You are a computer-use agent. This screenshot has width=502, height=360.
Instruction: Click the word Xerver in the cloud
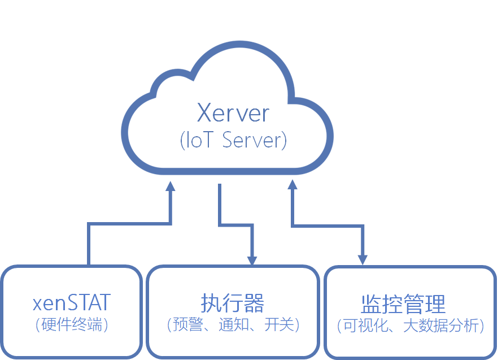[x=233, y=113]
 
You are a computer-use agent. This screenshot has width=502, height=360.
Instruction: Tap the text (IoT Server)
[x=233, y=140]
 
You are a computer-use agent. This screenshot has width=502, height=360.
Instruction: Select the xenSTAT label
[x=71, y=303]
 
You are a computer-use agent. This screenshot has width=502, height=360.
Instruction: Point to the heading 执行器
[x=232, y=303]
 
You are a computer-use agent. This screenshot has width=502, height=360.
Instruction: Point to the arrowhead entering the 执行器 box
[x=251, y=261]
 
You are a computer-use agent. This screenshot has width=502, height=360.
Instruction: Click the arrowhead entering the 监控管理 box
[x=362, y=261]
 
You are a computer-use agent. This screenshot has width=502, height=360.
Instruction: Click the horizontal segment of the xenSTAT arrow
[x=129, y=224]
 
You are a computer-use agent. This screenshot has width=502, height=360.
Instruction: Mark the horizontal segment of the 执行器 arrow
[x=235, y=224]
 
